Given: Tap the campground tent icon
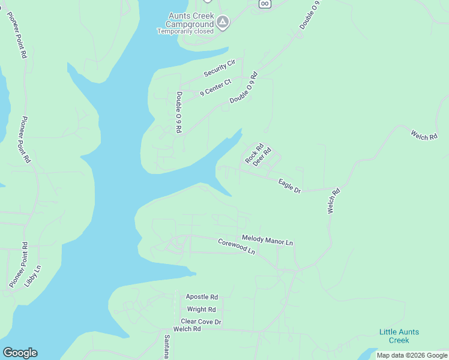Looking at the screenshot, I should tap(223, 23).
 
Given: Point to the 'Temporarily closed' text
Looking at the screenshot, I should tap(184, 31).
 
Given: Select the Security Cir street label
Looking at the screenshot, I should tap(220, 68).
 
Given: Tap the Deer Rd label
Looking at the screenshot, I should tap(262, 157).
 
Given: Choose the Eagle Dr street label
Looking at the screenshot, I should tap(289, 185).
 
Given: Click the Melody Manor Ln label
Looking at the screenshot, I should tap(267, 240).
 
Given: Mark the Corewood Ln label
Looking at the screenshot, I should tap(237, 247).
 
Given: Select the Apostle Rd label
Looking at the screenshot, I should tap(202, 296).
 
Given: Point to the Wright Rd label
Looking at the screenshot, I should tap(201, 310).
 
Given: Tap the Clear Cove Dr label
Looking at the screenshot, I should tap(201, 322).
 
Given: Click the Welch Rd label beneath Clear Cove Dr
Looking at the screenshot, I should tap(187, 329).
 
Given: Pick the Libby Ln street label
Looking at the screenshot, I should tap(33, 276).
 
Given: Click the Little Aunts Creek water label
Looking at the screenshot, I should tap(399, 336).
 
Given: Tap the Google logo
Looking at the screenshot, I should tap(20, 353).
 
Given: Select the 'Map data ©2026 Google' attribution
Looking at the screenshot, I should tap(412, 355).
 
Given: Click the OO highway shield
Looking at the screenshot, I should tap(265, 4).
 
